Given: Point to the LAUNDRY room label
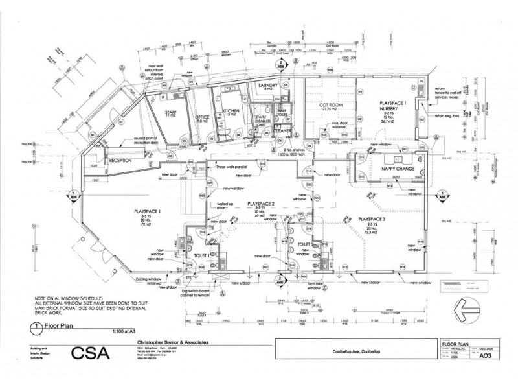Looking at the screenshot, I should tap(267, 86).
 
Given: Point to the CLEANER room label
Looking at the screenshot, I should tap(282, 131).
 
